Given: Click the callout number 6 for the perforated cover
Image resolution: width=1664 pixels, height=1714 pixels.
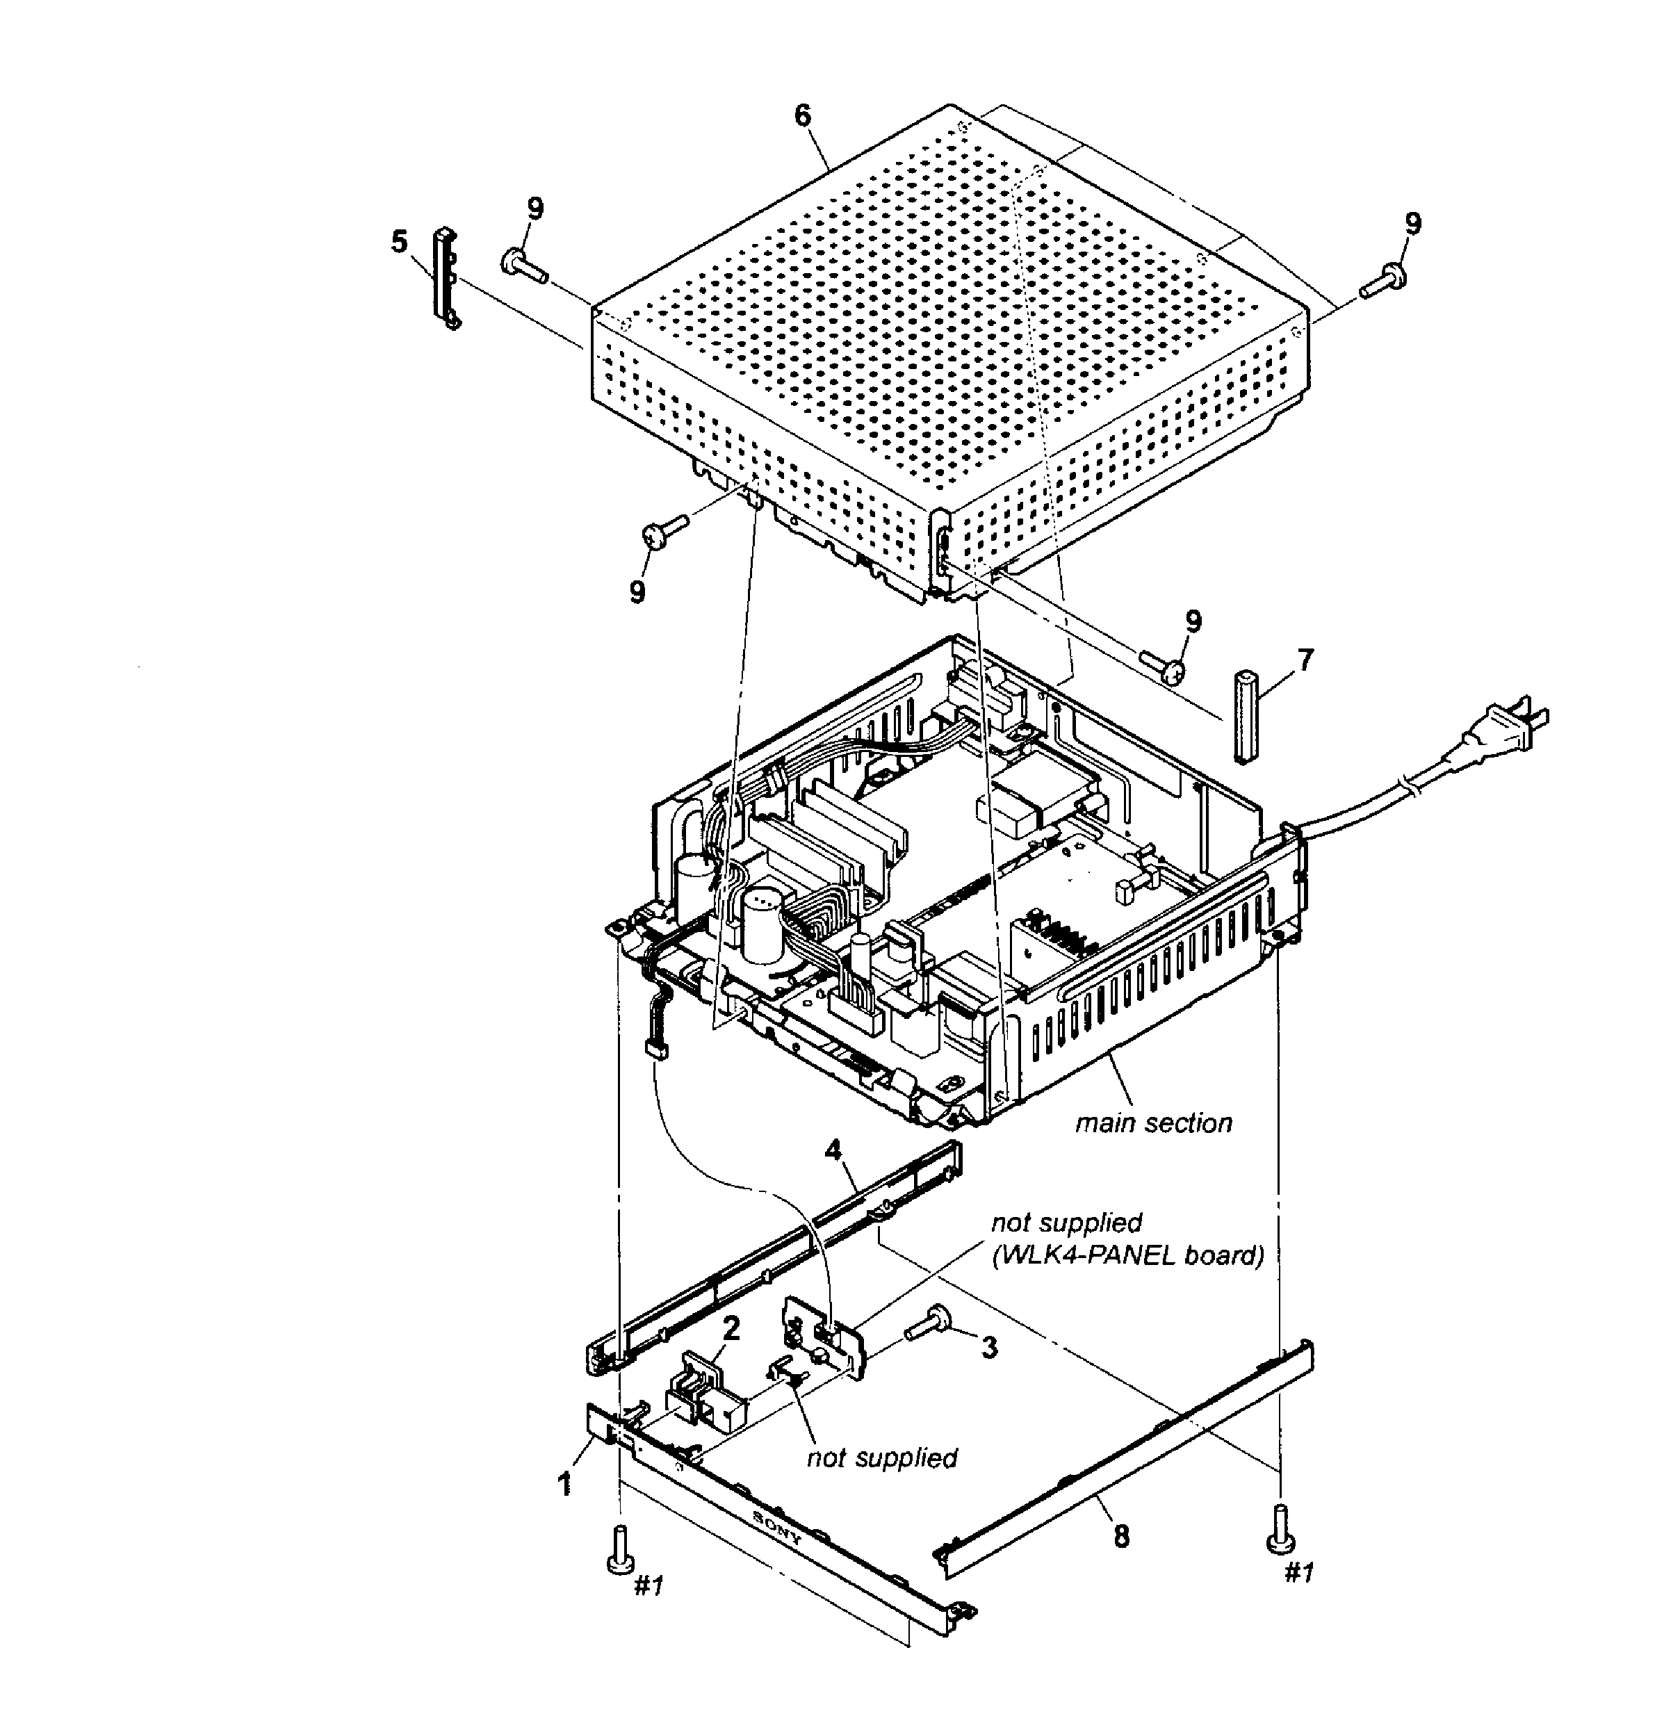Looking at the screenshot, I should (803, 116).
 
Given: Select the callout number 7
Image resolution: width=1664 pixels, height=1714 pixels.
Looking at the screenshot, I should (1305, 660).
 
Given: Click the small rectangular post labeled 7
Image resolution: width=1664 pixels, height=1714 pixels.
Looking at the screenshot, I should (1245, 717).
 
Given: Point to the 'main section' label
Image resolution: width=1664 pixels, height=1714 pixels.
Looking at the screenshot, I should (1153, 1123).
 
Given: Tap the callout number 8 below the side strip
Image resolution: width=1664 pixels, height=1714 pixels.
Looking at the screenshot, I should (1121, 1537).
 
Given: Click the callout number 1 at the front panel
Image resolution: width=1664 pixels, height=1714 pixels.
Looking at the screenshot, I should (566, 1483).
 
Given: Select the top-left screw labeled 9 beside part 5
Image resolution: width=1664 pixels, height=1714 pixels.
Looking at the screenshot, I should (523, 264).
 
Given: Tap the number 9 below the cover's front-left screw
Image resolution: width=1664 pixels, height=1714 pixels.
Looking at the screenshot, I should (637, 592).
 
